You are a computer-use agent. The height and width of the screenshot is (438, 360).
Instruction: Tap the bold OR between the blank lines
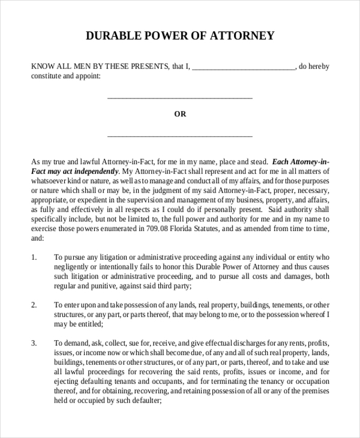pyautogui.click(x=180, y=114)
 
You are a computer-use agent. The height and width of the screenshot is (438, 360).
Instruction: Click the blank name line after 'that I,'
pyautogui.click(x=244, y=68)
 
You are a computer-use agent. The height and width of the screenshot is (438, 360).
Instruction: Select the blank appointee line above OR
pyautogui.click(x=179, y=97)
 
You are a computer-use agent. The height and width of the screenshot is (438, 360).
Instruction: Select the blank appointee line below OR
pyautogui.click(x=179, y=136)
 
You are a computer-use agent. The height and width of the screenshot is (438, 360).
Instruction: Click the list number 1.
pyautogui.click(x=34, y=257)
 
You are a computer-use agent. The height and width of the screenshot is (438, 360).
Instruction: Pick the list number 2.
pyautogui.click(x=34, y=305)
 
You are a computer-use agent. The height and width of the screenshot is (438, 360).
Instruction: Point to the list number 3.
pyautogui.click(x=34, y=343)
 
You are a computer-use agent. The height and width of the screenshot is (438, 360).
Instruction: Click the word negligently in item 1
pyautogui.click(x=74, y=266)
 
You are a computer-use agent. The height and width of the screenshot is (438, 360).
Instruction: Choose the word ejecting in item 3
pyautogui.click(x=68, y=382)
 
